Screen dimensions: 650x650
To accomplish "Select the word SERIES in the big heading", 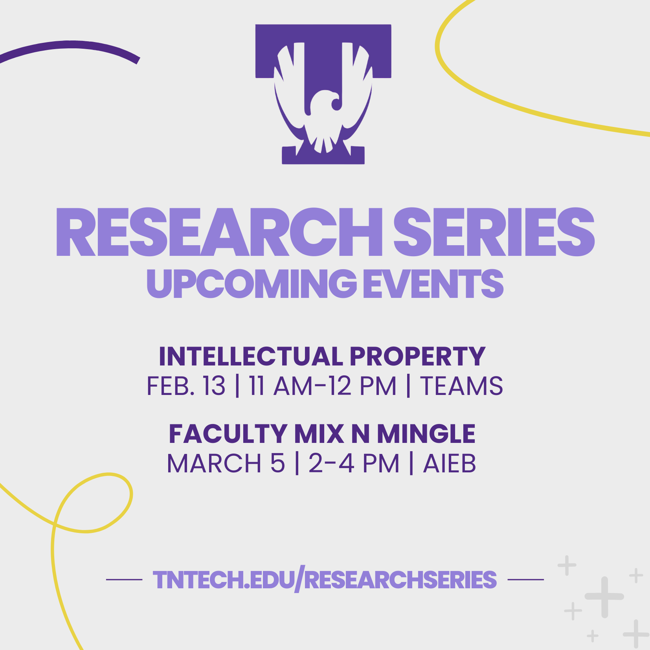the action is click(x=494, y=232).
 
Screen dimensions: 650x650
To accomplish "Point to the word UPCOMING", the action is click(x=252, y=283).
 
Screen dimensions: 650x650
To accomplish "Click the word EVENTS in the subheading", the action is click(x=433, y=283).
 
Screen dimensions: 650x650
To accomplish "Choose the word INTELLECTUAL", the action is click(x=251, y=356).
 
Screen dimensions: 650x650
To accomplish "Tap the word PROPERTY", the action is click(x=417, y=356).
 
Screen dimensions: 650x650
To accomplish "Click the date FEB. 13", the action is click(x=186, y=386).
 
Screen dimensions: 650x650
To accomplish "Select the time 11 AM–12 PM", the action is click(x=323, y=386).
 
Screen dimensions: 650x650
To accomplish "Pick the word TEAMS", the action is click(x=462, y=386).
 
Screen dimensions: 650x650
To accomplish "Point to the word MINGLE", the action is click(x=426, y=434).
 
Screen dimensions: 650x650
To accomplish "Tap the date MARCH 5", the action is click(x=226, y=463).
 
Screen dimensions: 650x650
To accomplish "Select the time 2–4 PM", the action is click(x=354, y=463).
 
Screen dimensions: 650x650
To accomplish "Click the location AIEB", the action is click(x=450, y=463).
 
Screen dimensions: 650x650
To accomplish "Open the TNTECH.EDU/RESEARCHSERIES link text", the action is click(x=325, y=580).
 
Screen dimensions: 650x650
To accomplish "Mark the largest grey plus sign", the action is click(x=604, y=597).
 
